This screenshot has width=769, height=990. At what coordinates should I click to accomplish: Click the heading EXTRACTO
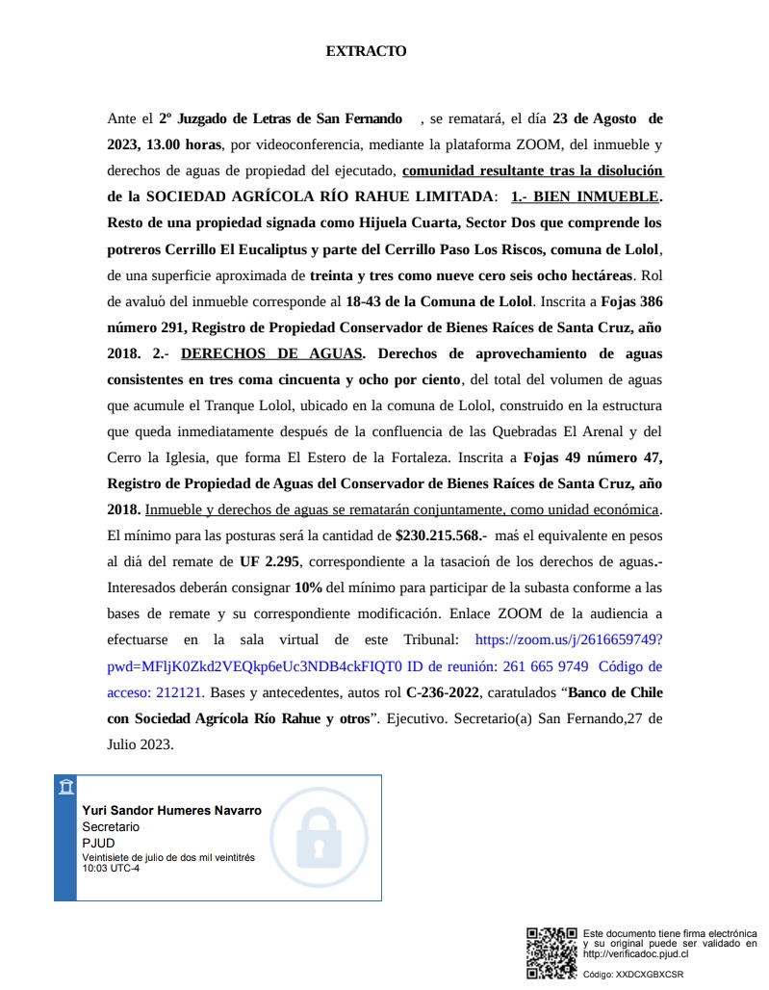click(366, 51)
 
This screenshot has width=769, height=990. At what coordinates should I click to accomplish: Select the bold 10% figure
click(308, 587)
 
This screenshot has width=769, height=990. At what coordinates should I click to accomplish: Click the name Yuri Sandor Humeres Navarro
click(171, 811)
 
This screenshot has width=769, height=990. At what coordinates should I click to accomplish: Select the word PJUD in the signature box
click(97, 843)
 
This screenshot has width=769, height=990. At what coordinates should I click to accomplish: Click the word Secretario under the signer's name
click(111, 827)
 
